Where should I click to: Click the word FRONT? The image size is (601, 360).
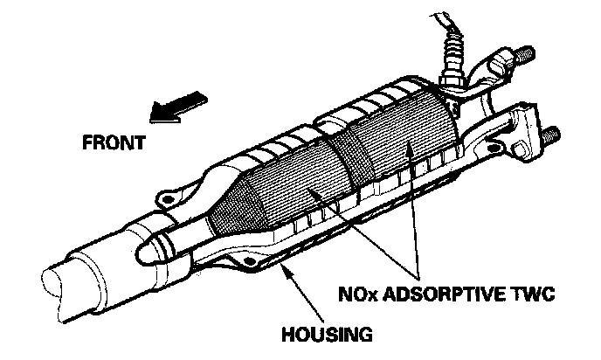(x=114, y=142)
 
